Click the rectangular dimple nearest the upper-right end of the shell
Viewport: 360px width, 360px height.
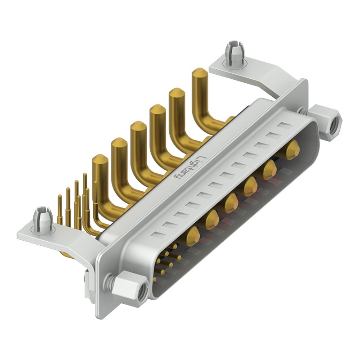coord(285,126)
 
